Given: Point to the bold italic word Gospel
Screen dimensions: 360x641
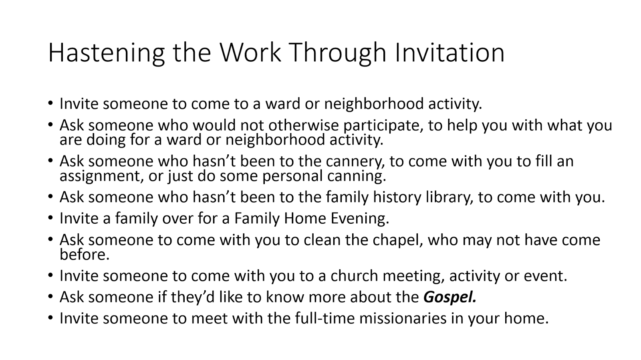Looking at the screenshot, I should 450,297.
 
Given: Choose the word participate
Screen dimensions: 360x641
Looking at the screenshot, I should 383,126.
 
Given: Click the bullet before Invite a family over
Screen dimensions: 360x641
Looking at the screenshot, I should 50,218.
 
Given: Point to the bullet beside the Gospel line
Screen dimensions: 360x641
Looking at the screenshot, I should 50,297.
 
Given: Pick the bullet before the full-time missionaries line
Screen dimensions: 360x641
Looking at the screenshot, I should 50,318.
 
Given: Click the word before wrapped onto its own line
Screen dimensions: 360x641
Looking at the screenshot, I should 84,255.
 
